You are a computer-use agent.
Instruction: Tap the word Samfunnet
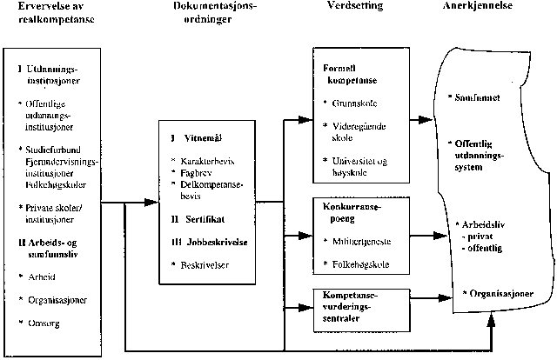point(480,98)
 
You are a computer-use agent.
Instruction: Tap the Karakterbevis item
point(211,162)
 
